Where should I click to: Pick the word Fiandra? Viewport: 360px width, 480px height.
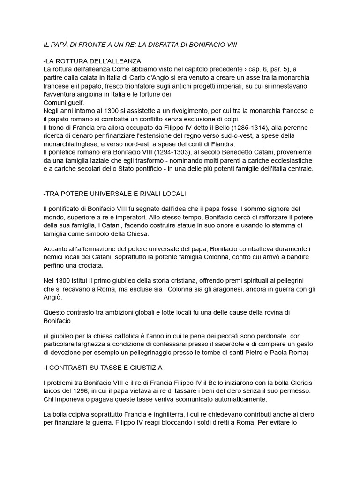tap(221, 144)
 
